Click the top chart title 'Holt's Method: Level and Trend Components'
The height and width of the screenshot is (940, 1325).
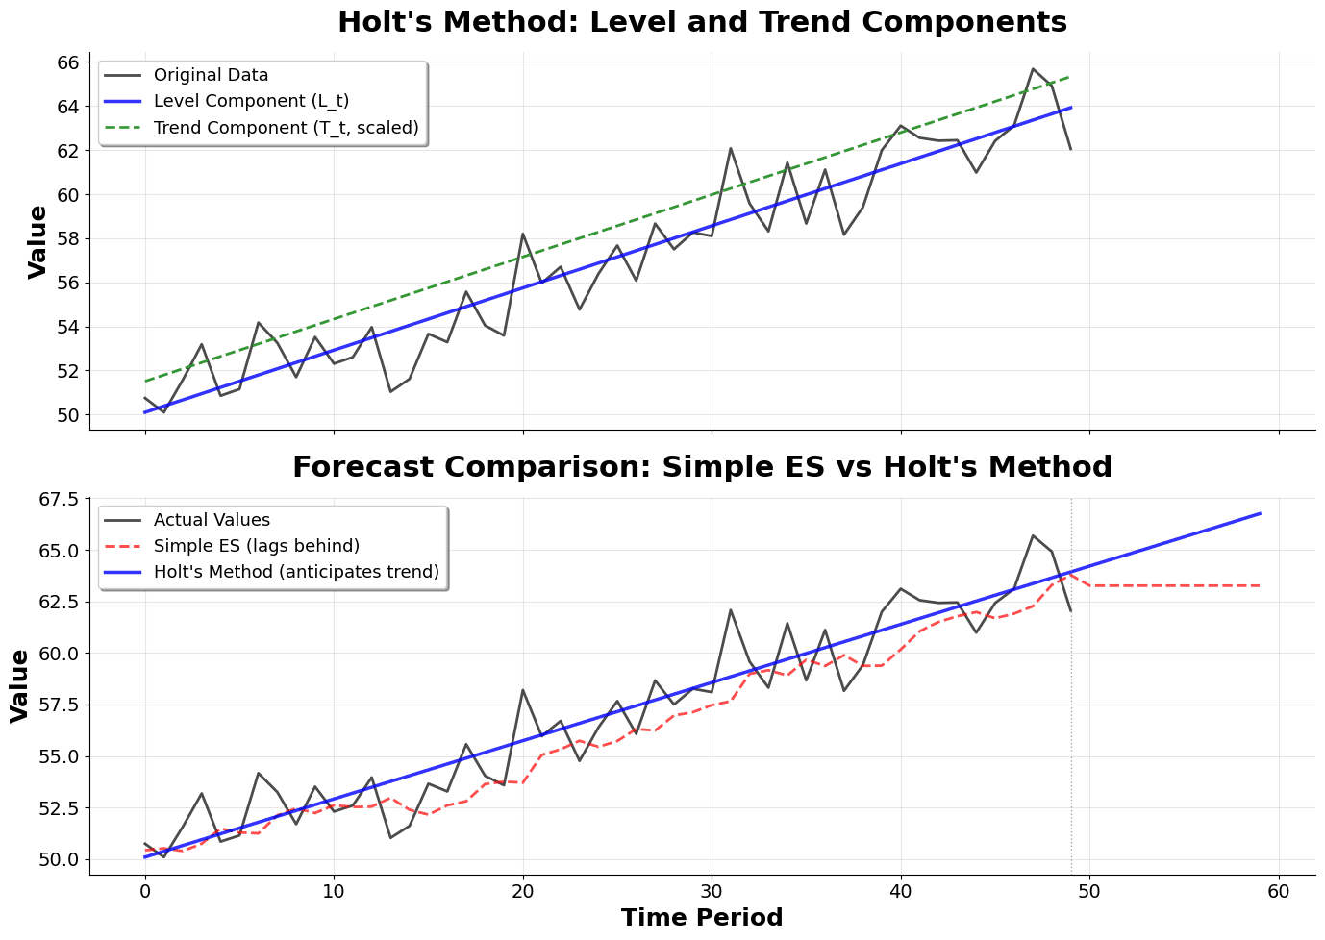tap(702, 22)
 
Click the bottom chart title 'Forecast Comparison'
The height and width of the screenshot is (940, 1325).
tap(702, 467)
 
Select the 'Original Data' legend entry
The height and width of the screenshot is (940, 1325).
tap(211, 75)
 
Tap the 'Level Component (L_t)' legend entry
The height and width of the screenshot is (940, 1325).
tap(251, 101)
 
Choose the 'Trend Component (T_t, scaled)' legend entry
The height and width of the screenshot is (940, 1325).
tap(286, 128)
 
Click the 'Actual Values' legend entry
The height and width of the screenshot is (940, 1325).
tap(212, 520)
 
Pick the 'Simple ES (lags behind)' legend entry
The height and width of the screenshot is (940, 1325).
tap(256, 546)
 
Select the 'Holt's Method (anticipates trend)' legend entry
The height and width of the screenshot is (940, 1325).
tap(296, 572)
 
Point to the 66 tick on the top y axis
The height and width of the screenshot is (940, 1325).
tap(66, 62)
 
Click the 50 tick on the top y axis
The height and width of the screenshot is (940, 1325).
tap(66, 415)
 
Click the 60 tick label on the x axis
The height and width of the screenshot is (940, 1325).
tap(1278, 891)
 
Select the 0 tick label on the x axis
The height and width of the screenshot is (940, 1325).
tap(145, 891)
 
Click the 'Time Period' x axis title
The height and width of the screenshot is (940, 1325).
tap(702, 918)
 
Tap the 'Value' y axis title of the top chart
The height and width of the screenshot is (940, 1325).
tap(37, 241)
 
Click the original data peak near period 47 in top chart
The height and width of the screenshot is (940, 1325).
tap(1033, 69)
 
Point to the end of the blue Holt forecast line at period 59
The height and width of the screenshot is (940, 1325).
tap(1259, 514)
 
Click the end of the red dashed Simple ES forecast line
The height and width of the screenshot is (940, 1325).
tap(1259, 585)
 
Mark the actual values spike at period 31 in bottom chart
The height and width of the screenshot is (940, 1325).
tap(731, 609)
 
